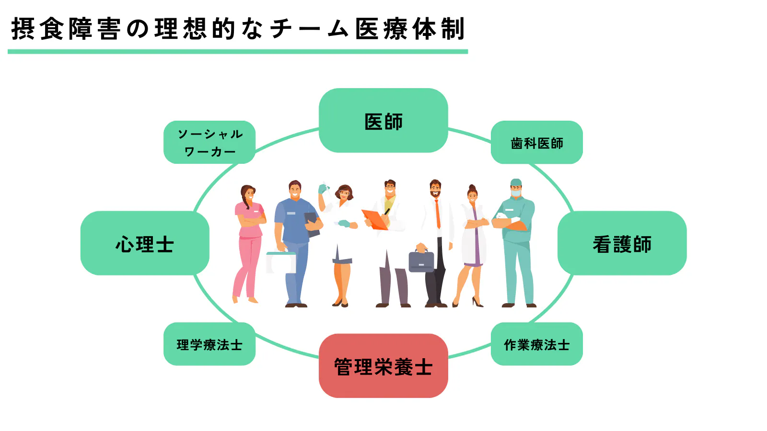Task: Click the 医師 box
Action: [x=383, y=121]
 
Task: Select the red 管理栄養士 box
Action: [x=383, y=366]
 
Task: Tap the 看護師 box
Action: [x=622, y=243]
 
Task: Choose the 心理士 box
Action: [x=145, y=243]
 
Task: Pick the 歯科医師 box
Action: [x=536, y=143]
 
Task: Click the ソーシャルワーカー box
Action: [x=209, y=142]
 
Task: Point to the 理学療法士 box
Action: [x=209, y=344]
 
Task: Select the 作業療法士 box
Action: [x=536, y=344]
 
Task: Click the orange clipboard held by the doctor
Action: [x=374, y=219]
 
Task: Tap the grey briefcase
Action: [x=421, y=261]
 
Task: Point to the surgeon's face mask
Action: [x=516, y=193]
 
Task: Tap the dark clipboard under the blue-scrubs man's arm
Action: [x=313, y=224]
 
